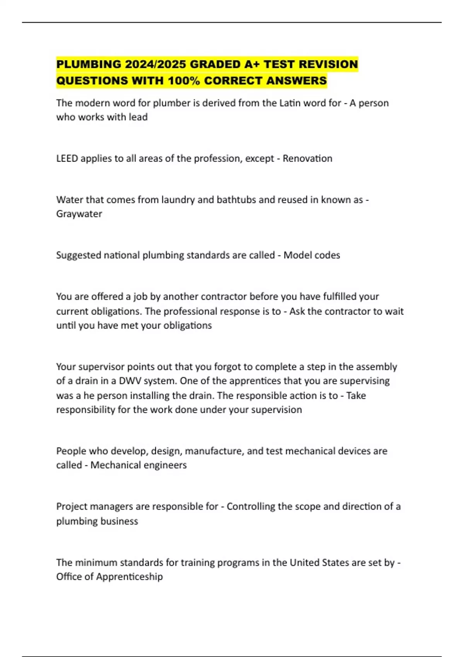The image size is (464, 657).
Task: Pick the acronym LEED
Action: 67,158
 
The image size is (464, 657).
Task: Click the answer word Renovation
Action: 307,158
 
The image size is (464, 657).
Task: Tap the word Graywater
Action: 79,214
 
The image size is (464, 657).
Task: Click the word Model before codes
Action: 297,255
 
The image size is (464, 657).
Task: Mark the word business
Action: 119,521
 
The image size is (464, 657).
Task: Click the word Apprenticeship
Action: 129,577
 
